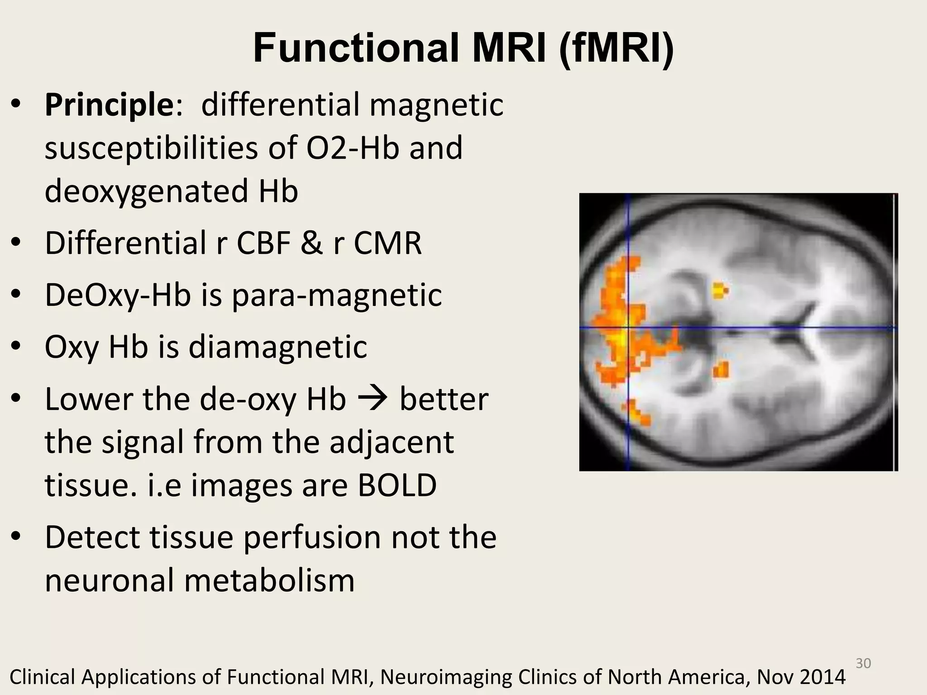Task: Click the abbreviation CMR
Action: pyautogui.click(x=387, y=243)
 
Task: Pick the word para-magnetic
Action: pyautogui.click(x=337, y=295)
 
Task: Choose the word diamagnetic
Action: pyautogui.click(x=277, y=347)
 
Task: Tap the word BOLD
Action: pyautogui.click(x=397, y=486)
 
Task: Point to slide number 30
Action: pyautogui.click(x=863, y=663)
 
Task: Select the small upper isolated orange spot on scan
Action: pyautogui.click(x=720, y=290)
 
